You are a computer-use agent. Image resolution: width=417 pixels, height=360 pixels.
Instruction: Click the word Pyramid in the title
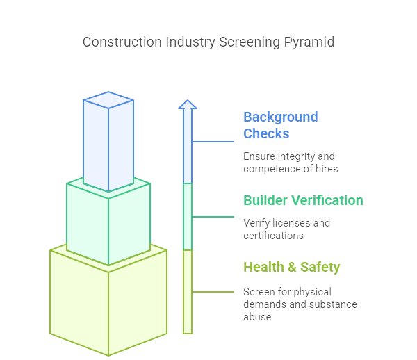click(x=309, y=42)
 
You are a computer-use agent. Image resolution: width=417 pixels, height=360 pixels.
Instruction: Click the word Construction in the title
click(x=122, y=42)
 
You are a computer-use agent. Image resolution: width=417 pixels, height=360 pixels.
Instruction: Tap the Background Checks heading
click(x=281, y=125)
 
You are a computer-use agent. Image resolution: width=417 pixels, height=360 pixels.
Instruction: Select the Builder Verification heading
click(x=303, y=200)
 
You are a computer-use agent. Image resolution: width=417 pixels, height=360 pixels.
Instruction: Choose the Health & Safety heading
click(x=292, y=267)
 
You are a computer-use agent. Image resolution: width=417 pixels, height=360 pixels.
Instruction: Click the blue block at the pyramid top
click(x=108, y=142)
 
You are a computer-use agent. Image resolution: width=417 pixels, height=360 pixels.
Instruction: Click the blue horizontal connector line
click(x=213, y=142)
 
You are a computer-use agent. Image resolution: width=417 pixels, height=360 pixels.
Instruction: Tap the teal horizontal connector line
click(x=213, y=217)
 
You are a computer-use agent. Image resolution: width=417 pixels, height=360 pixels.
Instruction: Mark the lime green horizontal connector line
click(x=213, y=292)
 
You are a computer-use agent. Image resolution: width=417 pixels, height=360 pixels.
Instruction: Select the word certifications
click(x=273, y=236)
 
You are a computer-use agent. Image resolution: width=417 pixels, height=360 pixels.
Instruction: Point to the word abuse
click(x=257, y=317)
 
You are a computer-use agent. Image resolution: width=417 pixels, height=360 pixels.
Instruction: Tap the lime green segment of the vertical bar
click(x=188, y=292)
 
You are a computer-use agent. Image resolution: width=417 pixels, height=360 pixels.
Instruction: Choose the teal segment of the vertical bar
click(x=188, y=216)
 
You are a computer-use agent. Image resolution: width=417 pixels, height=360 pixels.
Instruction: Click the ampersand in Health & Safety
click(x=292, y=267)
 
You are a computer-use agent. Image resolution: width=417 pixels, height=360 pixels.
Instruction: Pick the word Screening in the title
click(x=250, y=42)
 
